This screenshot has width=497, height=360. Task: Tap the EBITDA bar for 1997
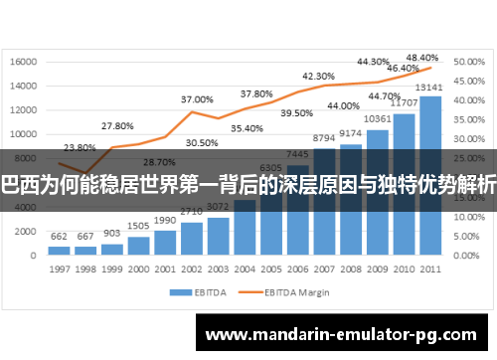(59, 250)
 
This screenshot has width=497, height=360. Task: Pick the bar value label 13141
(430, 87)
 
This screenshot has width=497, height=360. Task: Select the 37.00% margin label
(196, 99)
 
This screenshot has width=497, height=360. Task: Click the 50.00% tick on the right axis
(468, 62)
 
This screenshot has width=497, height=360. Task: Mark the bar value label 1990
(165, 220)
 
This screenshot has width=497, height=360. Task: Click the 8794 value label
(324, 138)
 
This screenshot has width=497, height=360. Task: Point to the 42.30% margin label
(318, 76)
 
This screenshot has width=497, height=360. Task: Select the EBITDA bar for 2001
(165, 242)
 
